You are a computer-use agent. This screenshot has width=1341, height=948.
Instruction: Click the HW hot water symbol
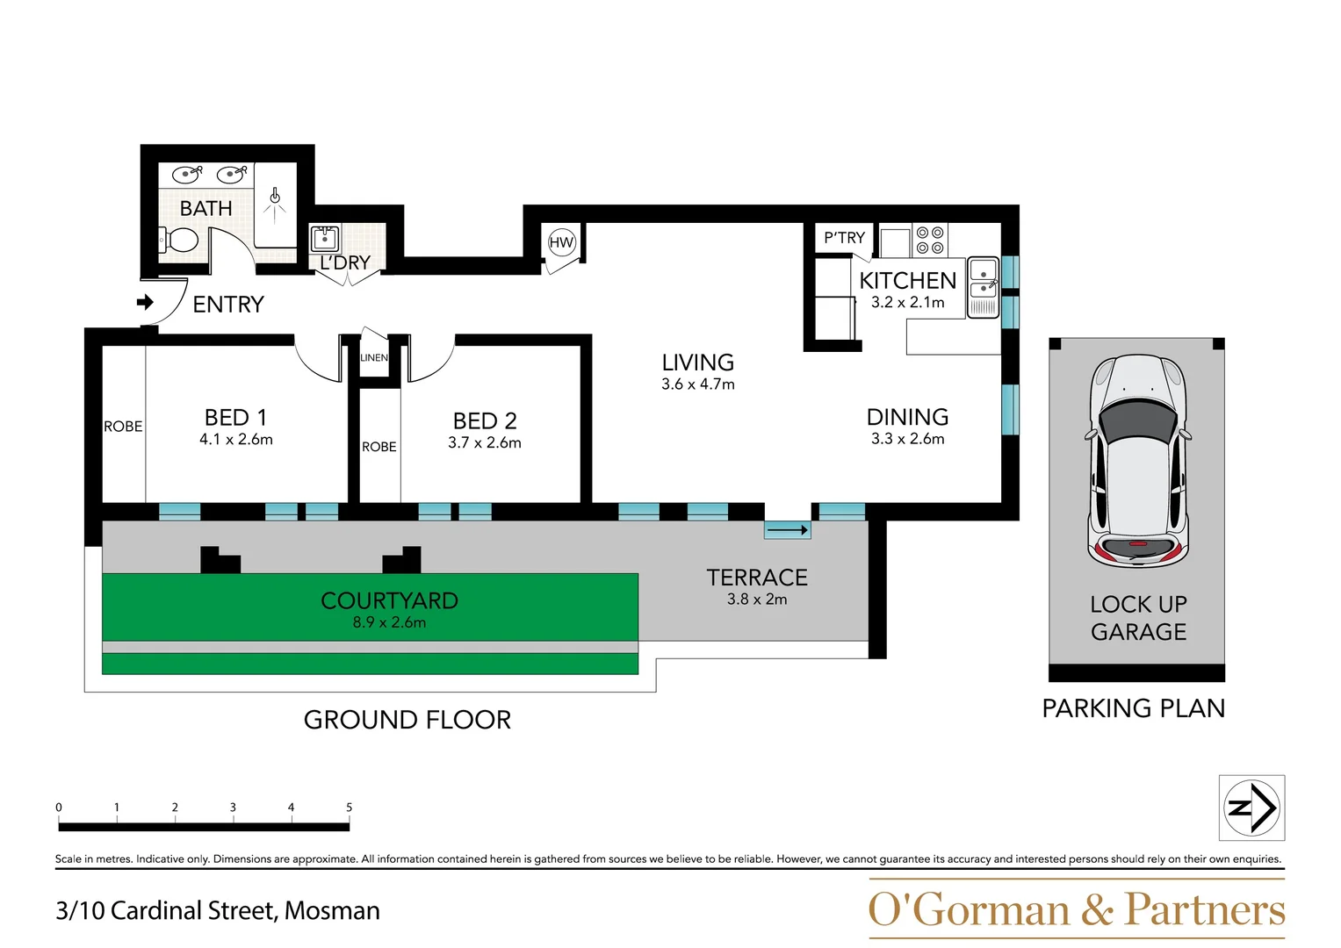tap(561, 242)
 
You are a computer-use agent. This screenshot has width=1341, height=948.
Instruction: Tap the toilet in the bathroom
tap(178, 239)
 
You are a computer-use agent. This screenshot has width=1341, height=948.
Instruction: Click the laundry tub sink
tap(325, 238)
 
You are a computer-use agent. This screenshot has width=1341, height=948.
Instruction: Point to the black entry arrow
tap(146, 302)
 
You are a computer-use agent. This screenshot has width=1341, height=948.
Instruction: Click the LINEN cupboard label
tap(374, 357)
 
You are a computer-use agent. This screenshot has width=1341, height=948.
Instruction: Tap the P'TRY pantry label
tap(844, 238)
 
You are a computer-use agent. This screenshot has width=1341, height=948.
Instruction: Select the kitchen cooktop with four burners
tap(929, 240)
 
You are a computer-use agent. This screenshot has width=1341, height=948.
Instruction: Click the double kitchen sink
tap(983, 286)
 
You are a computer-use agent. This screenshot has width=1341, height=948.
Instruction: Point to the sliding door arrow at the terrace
tap(787, 530)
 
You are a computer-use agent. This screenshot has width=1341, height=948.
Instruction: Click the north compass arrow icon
tap(1252, 808)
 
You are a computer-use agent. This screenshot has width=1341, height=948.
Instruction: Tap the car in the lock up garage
tap(1137, 461)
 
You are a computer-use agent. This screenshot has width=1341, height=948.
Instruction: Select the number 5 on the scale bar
tap(349, 807)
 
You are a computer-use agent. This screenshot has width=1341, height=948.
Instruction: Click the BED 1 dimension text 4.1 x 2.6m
tap(236, 439)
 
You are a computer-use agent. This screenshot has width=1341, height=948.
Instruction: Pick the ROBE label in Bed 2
tap(379, 447)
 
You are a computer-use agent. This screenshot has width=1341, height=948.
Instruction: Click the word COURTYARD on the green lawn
tap(389, 600)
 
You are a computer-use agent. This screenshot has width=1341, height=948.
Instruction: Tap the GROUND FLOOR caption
tap(407, 720)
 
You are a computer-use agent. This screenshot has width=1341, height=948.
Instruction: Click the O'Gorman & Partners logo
tap(1076, 909)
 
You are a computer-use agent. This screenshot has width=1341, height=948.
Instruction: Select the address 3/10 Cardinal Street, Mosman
tap(218, 910)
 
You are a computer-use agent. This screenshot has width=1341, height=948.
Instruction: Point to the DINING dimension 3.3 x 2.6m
tap(907, 439)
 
